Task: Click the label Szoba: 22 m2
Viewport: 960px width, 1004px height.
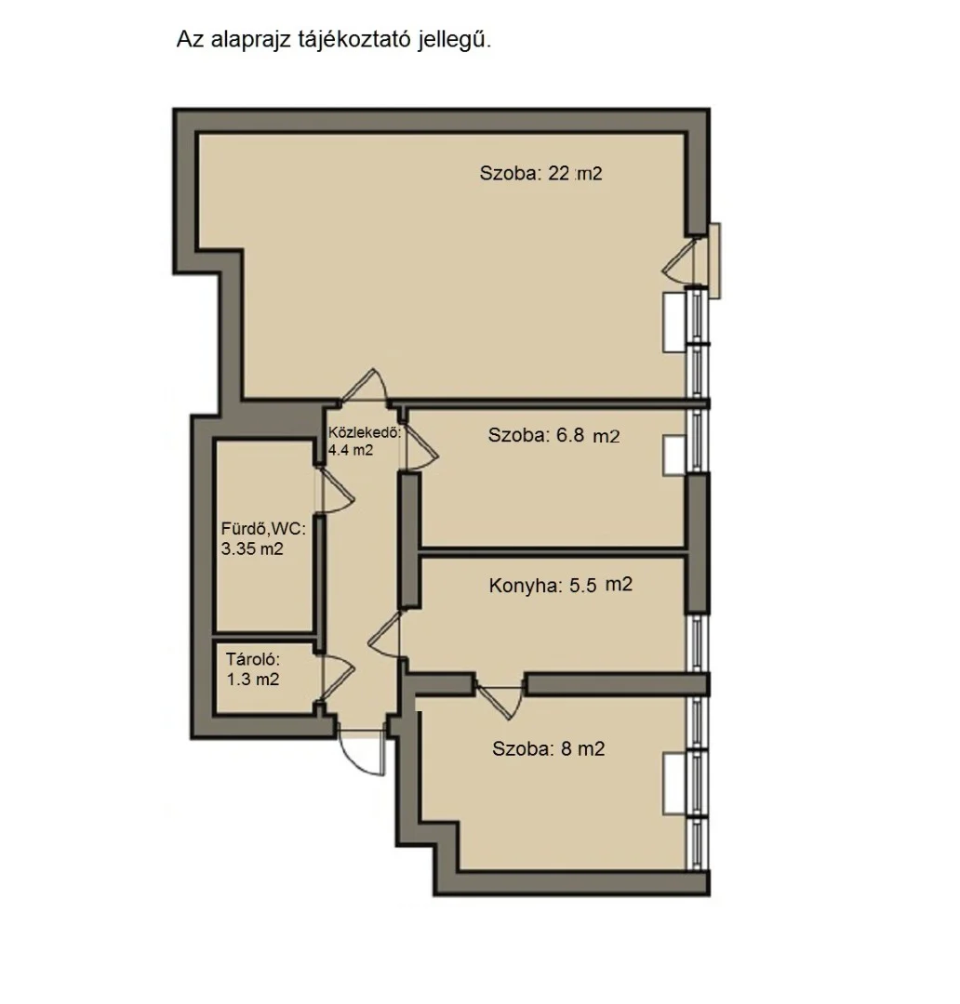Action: [x=540, y=174]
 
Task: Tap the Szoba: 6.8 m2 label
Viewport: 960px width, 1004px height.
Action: [x=553, y=435]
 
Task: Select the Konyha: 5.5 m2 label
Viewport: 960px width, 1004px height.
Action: [x=561, y=586]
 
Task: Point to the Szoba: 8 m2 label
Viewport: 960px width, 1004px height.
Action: [x=549, y=748]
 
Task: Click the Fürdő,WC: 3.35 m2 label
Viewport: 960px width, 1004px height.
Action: [x=263, y=538]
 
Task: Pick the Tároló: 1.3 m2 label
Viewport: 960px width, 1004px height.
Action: [x=252, y=669]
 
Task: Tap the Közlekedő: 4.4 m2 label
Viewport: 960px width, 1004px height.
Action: [x=365, y=441]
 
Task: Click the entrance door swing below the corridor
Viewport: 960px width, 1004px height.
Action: [x=363, y=754]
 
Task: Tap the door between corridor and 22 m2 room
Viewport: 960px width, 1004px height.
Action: [x=365, y=386]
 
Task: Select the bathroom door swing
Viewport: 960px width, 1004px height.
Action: [x=336, y=491]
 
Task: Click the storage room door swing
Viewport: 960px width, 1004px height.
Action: [x=337, y=678]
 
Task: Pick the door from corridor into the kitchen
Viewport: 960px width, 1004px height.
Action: [x=384, y=634]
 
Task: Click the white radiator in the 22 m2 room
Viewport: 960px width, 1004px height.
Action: [x=674, y=322]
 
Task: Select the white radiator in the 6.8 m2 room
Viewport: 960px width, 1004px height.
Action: [x=674, y=456]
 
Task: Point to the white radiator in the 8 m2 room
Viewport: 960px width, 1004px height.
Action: [x=674, y=784]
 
